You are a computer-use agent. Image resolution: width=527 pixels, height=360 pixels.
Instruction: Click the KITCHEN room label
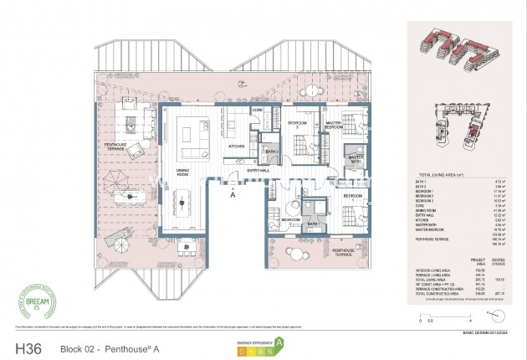pyautogui.click(x=236, y=146)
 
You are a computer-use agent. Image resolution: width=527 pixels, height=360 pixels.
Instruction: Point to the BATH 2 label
pyautogui.click(x=271, y=152)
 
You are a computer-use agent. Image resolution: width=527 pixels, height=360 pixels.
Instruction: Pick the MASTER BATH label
pyautogui.click(x=356, y=159)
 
